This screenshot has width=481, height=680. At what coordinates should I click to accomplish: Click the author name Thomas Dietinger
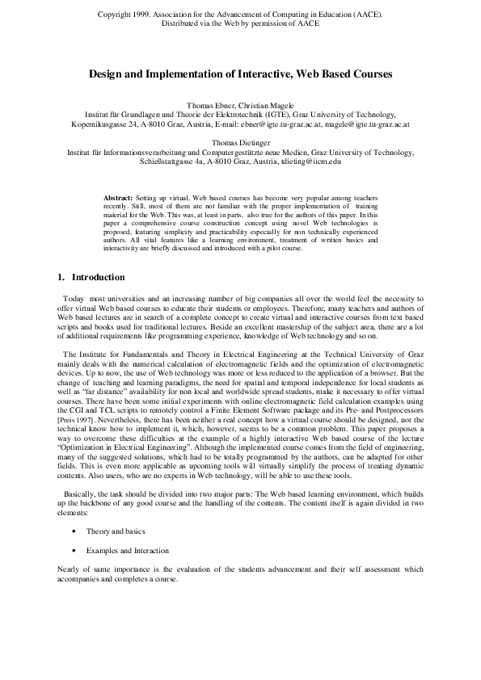coord(240,142)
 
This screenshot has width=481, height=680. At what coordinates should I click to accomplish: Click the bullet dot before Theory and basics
coord(74,531)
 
